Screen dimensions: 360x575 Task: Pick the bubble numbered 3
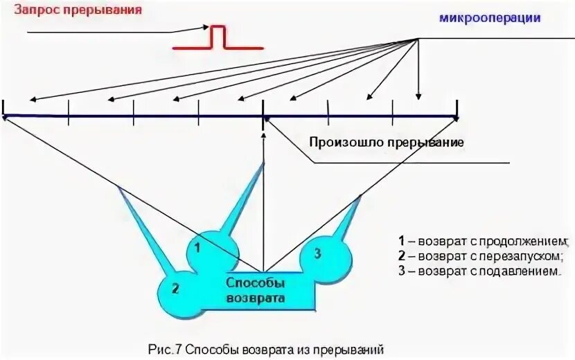317,253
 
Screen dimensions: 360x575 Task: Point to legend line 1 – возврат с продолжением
483,241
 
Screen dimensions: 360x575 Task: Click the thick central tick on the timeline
263,112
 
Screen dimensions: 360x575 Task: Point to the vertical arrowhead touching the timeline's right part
418,98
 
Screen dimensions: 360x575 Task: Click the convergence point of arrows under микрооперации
418,39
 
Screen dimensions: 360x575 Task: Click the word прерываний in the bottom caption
353,349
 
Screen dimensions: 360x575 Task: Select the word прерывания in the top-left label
112,10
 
